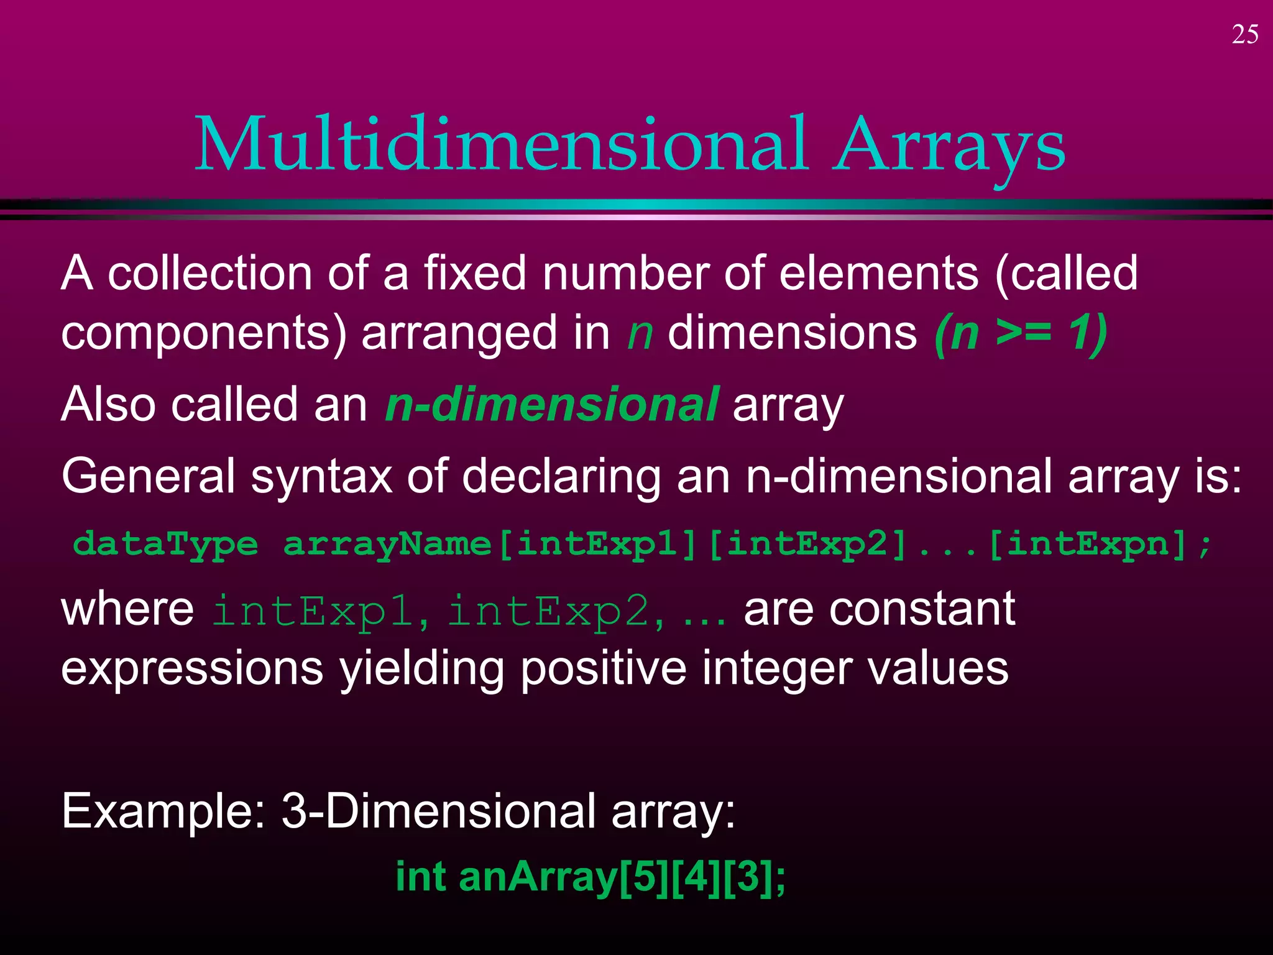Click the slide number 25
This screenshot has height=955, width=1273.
(x=1244, y=35)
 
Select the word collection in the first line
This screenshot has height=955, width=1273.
(x=209, y=274)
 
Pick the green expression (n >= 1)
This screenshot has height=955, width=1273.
(x=1021, y=333)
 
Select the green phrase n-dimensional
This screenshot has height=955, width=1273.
(x=552, y=405)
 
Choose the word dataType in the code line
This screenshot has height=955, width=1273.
(x=165, y=545)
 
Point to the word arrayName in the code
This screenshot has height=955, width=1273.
(x=387, y=545)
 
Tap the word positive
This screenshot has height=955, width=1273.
(x=604, y=669)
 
